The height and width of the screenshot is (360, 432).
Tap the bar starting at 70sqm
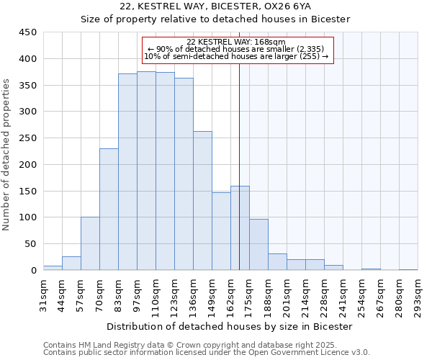click(109, 209)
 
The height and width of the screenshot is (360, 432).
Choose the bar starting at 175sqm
click(258, 244)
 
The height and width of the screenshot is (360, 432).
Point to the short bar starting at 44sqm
click(71, 264)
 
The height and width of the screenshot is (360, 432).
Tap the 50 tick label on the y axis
click(30, 244)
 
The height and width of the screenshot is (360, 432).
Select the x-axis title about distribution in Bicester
click(225, 326)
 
